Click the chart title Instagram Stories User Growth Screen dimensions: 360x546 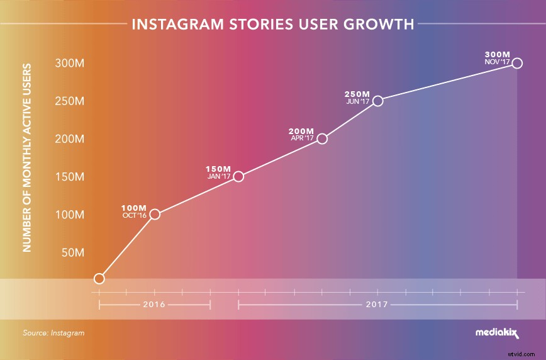(272, 25)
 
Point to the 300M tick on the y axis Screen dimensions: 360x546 (70, 64)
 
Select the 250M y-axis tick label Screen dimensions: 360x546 (70, 101)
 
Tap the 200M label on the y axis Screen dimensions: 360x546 (70, 139)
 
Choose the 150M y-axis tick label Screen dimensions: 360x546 (70, 177)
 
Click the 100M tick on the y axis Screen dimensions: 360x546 (70, 215)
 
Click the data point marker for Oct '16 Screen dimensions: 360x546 (155, 215)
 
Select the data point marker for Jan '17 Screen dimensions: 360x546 (238, 176)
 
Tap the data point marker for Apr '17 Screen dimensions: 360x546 (322, 138)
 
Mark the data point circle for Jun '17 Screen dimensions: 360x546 (377, 101)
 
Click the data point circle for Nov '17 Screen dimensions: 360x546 (517, 63)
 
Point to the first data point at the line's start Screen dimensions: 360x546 (99, 278)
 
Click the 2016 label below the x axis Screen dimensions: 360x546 (154, 305)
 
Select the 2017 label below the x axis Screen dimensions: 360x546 (377, 305)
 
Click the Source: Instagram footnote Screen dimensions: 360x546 (53, 333)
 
